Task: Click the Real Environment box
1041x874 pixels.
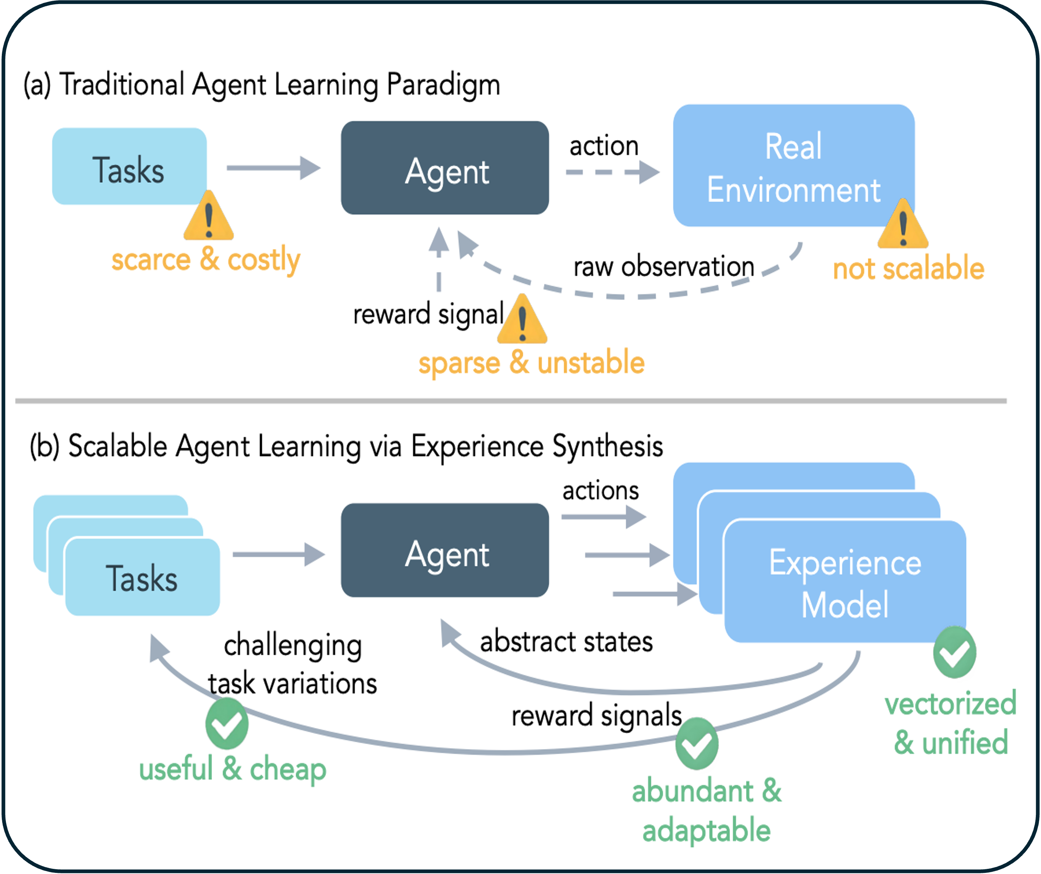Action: point(793,166)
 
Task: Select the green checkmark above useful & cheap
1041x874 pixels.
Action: point(227,724)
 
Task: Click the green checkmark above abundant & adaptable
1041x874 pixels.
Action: point(697,744)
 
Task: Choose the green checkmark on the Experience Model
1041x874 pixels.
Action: point(954,653)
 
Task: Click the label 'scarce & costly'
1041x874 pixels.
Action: point(206,259)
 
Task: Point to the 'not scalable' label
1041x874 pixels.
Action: point(908,268)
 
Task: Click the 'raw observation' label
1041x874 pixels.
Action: point(663,266)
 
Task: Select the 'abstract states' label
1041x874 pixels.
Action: point(566,641)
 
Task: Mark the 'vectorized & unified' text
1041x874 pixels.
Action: point(951,723)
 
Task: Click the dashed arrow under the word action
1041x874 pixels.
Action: point(612,173)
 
